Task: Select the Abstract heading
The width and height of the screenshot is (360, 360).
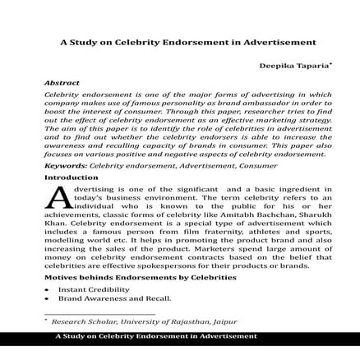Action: (x=62, y=84)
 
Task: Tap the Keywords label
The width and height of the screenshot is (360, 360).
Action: (x=65, y=166)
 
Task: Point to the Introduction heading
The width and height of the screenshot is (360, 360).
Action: (x=71, y=177)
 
